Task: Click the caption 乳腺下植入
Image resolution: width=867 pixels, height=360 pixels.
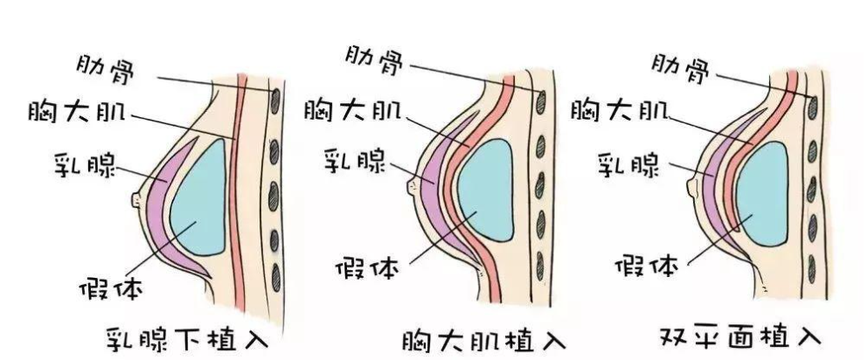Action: (187, 338)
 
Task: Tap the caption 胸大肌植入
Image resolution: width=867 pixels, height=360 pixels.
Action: (484, 339)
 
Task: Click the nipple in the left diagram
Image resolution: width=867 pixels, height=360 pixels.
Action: (136, 199)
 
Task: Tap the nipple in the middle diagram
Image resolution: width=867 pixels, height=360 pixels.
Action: (413, 186)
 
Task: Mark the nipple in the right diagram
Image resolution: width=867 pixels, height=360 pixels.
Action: (692, 182)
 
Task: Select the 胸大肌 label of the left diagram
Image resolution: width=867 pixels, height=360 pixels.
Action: (77, 112)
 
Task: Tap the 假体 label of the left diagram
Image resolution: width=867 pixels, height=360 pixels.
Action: (111, 288)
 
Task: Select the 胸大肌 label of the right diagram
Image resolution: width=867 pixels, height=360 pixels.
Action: (620, 109)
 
